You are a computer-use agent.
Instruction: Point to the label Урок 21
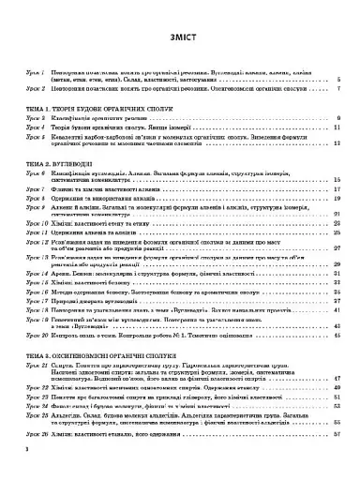coord(36,341)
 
